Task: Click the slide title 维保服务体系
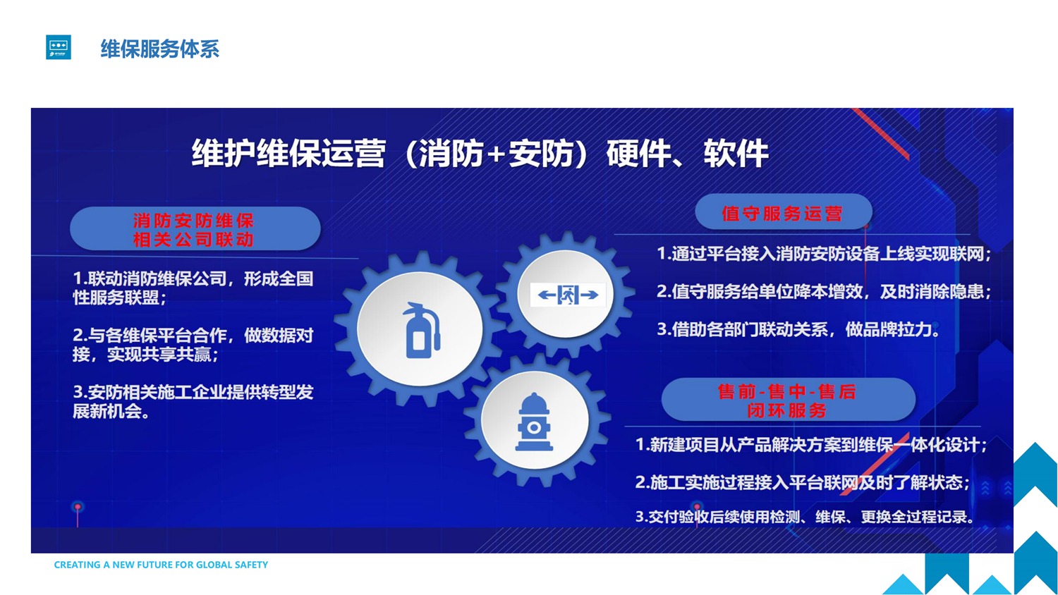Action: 159,49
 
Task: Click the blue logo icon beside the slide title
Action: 59,47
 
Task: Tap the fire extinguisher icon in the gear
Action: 421,330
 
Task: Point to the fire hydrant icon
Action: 534,422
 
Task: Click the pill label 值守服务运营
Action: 783,213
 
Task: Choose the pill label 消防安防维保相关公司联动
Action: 195,230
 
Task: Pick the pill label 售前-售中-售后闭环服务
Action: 788,400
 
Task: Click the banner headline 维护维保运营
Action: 288,153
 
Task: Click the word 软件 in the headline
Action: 736,153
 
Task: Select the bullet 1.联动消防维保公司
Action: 193,288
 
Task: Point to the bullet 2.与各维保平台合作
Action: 193,345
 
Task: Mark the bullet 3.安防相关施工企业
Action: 193,401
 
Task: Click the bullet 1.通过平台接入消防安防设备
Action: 824,254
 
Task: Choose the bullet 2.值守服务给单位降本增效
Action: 824,291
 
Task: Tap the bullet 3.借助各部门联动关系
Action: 799,329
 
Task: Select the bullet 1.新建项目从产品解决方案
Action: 811,444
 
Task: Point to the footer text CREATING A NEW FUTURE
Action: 161,565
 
